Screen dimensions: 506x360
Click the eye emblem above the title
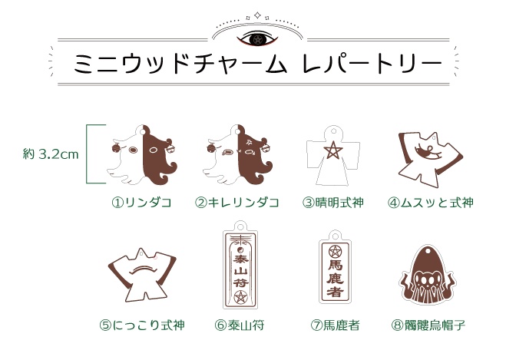coord(257,39)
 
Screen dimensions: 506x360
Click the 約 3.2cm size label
coord(51,154)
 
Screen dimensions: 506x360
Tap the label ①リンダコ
coord(142,203)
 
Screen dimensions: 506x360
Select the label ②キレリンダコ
coord(237,203)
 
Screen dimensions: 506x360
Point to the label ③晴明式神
coord(333,203)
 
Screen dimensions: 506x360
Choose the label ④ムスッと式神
coord(431,203)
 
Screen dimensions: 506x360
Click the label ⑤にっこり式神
coord(142,325)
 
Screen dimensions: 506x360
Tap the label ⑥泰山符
coord(240,325)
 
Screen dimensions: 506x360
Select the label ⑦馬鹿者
coord(336,325)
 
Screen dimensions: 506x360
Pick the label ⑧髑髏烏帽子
coord(428,325)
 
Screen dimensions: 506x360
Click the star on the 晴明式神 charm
coord(333,151)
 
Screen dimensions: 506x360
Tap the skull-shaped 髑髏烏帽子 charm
coord(427,275)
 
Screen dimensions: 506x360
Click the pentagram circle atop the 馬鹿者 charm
coord(335,251)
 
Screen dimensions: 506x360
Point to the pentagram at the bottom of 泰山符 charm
coord(240,297)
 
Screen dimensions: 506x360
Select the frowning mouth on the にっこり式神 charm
coord(143,269)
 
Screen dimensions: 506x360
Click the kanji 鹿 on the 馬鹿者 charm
coord(335,279)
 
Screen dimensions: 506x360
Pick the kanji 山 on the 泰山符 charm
coord(240,271)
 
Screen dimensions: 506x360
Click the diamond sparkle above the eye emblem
coord(257,15)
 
